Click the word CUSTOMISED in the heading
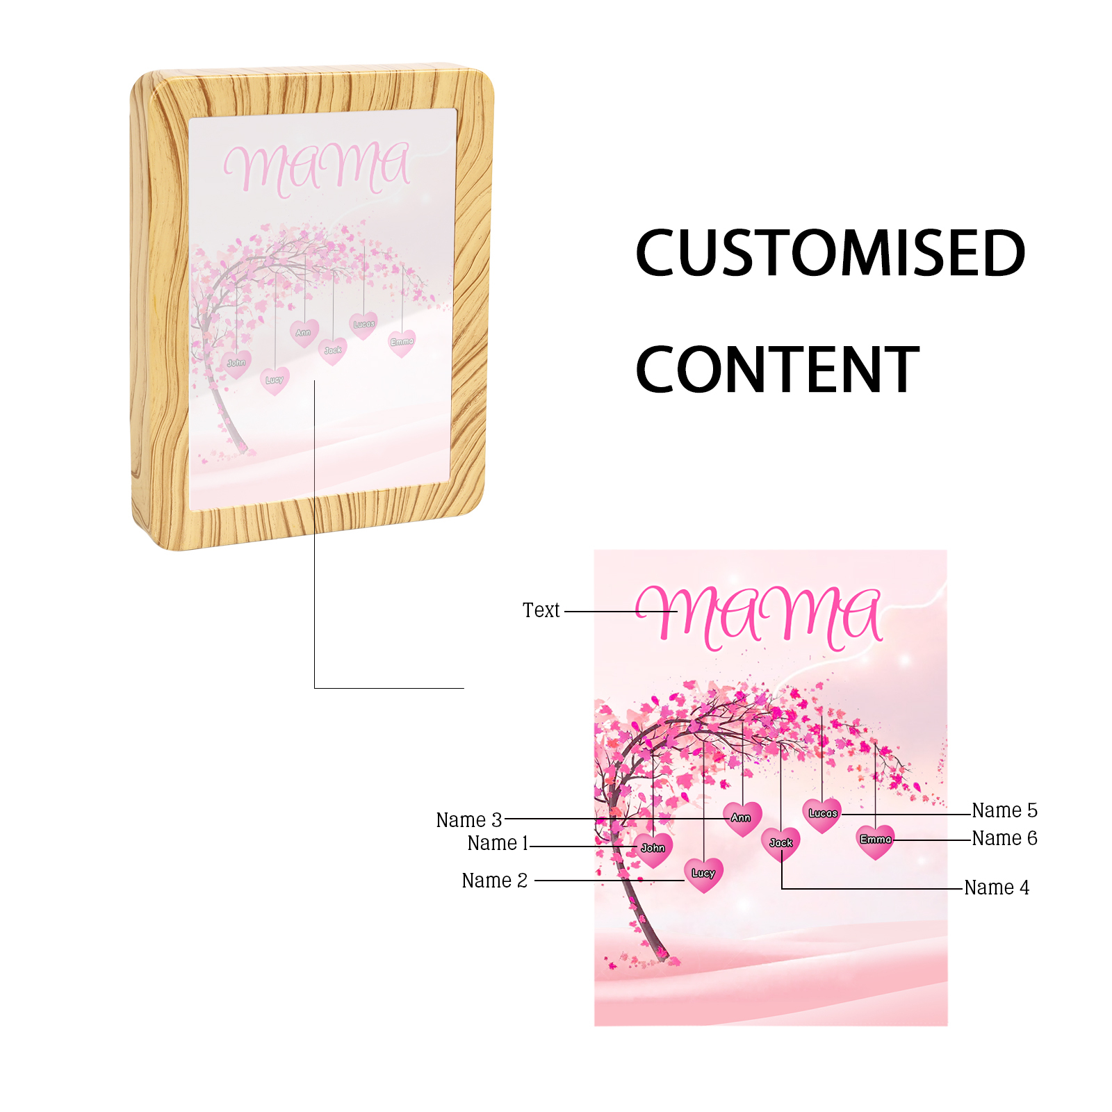(831, 253)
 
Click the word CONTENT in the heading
(777, 370)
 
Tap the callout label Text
(541, 610)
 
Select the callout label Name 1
(498, 843)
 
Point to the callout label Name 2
(495, 881)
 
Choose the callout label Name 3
(469, 820)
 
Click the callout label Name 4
(997, 888)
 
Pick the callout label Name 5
(1004, 810)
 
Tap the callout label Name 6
(1004, 838)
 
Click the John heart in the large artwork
(653, 849)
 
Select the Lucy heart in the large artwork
(703, 874)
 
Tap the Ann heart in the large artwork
(742, 819)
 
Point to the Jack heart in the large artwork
(781, 844)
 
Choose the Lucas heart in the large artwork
(822, 815)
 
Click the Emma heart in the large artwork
(876, 841)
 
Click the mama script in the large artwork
(759, 616)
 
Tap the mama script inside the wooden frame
(317, 168)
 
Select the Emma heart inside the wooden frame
(402, 343)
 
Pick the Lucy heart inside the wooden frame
(275, 381)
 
